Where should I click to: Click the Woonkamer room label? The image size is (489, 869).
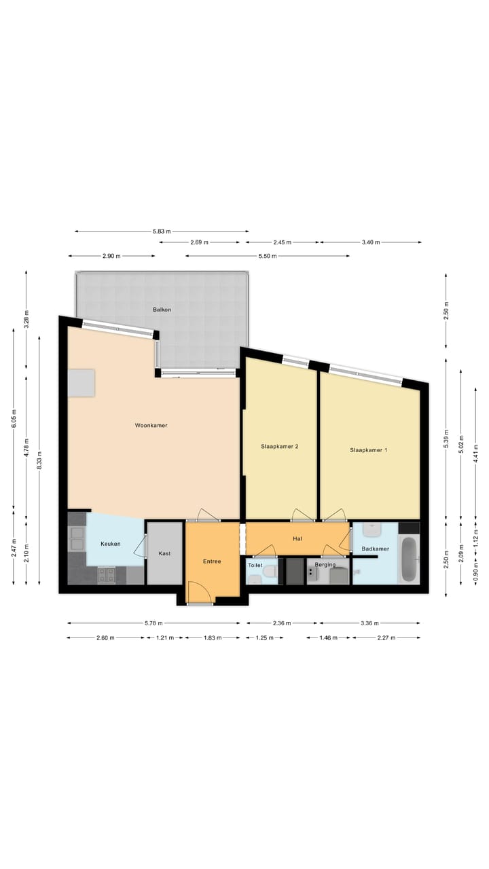pyautogui.click(x=151, y=426)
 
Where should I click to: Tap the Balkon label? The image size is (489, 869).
pyautogui.click(x=162, y=310)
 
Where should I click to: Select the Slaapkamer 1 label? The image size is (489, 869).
pyautogui.click(x=369, y=450)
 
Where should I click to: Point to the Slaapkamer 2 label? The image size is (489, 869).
pyautogui.click(x=280, y=447)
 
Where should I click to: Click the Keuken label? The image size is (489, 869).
pyautogui.click(x=111, y=544)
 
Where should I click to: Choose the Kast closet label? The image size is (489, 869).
pyautogui.click(x=164, y=554)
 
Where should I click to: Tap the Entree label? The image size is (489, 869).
pyautogui.click(x=212, y=562)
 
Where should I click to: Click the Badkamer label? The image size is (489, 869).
pyautogui.click(x=375, y=549)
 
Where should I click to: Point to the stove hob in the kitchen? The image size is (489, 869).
pyautogui.click(x=107, y=576)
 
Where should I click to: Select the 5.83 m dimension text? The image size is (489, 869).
pyautogui.click(x=161, y=232)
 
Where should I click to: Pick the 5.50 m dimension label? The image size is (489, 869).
pyautogui.click(x=268, y=256)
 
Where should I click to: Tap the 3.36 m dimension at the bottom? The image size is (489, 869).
pyautogui.click(x=369, y=623)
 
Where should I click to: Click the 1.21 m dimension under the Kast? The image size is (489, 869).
pyautogui.click(x=164, y=637)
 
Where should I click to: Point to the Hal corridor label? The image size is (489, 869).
pyautogui.click(x=297, y=538)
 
